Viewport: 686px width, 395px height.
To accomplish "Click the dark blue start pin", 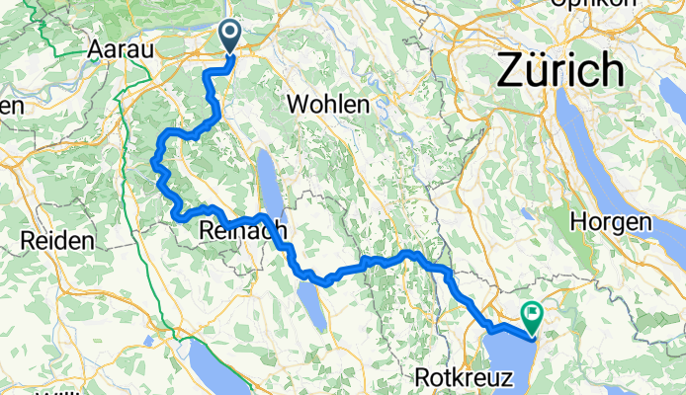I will (x=229, y=37).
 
